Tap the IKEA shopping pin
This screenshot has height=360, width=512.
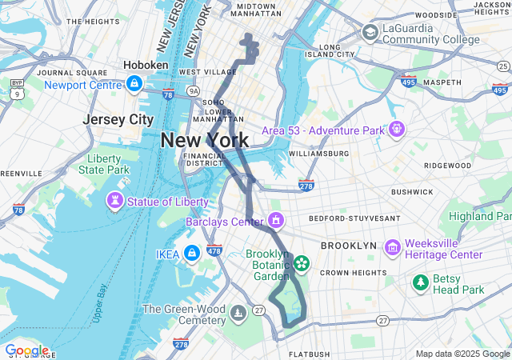(192, 254)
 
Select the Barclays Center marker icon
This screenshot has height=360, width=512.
(276, 219)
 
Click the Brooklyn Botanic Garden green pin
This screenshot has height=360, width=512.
(302, 262)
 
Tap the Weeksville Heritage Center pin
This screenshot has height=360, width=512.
(392, 248)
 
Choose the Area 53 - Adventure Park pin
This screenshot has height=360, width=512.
(396, 129)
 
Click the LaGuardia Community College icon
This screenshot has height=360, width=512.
(370, 32)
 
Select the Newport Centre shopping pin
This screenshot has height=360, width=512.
(134, 83)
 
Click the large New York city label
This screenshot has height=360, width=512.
(204, 140)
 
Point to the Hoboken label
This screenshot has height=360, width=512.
(146, 65)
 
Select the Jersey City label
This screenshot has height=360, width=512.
(118, 119)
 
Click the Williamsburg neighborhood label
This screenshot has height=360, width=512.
(318, 153)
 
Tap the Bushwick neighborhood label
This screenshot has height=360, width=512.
(412, 192)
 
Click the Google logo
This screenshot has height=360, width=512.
(26, 350)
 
